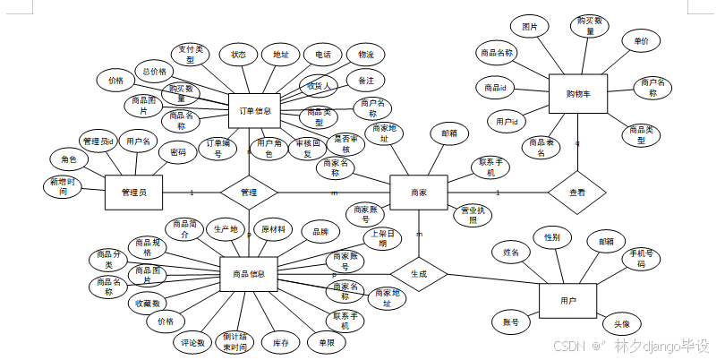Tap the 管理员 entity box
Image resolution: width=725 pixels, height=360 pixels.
pos(133,192)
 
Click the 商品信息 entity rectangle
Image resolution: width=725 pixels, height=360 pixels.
pos(248,273)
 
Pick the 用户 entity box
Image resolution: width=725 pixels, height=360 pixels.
pos(567,300)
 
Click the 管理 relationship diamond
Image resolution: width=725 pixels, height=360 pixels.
pos(249,192)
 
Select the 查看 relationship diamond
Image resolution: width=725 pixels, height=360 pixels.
pos(577,192)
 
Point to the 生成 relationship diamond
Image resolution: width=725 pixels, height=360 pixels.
pos(418,273)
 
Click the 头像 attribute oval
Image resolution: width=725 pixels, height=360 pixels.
pos(621,324)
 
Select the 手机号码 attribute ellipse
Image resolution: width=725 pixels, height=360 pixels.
pos(640,259)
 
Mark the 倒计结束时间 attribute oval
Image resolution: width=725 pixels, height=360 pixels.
pos(235,342)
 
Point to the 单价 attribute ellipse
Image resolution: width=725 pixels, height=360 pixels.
pos(641,41)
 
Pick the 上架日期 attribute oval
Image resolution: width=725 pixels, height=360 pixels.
pos(382,239)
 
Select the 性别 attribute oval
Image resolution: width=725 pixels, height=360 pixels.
pos(552,237)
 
